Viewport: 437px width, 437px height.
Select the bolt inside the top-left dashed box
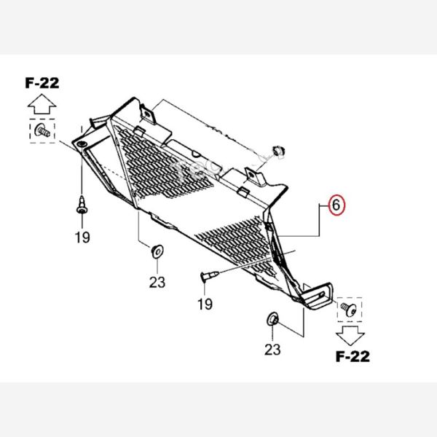coord(43,132)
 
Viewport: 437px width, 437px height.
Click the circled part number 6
coord(335,205)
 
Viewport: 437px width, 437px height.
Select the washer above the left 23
coord(156,251)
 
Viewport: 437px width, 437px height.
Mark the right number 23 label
coord(272,349)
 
